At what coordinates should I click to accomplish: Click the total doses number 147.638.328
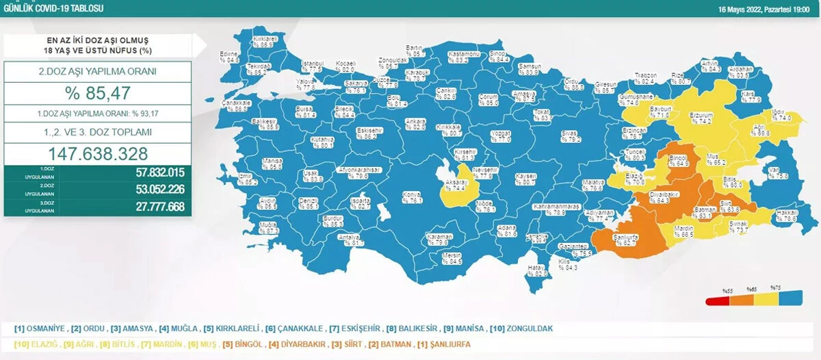(x=97, y=153)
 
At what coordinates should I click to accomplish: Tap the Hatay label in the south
(x=538, y=271)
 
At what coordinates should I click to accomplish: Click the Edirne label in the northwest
(x=229, y=57)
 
